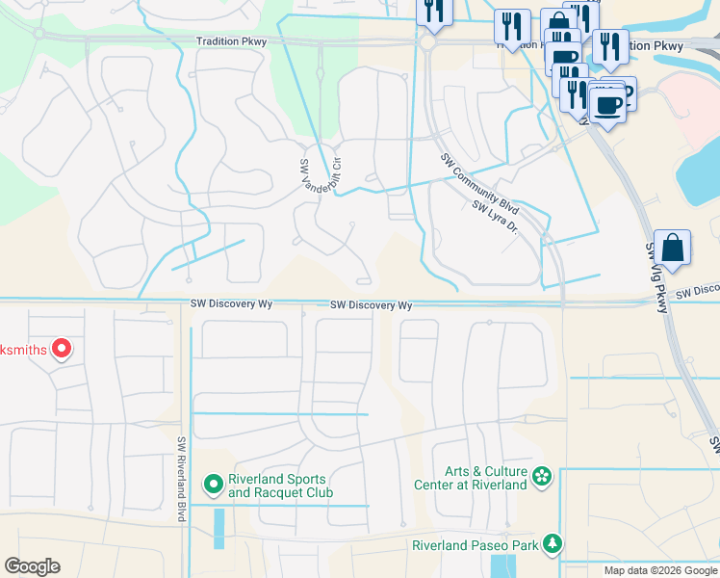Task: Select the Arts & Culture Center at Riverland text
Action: [486, 478]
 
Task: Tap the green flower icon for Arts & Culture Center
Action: [542, 474]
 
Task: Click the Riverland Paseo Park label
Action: [475, 545]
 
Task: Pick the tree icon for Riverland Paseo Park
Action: [553, 544]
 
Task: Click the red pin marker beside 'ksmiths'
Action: [62, 349]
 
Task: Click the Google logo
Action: [32, 566]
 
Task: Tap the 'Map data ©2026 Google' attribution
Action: [659, 570]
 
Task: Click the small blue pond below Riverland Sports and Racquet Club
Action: [219, 528]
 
